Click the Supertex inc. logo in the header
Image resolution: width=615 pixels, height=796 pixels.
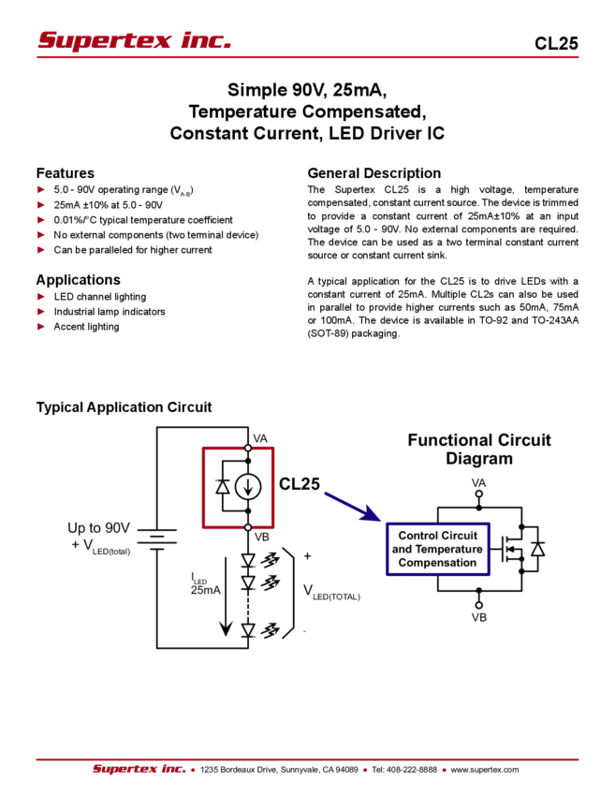[134, 41]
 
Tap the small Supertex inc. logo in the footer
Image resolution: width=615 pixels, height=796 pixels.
[138, 769]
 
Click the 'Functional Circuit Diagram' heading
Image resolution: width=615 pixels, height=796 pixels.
[479, 450]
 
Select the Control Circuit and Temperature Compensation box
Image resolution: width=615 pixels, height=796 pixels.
[437, 549]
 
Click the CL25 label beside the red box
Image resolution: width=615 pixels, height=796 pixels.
[300, 483]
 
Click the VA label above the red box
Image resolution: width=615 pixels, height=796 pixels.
[261, 438]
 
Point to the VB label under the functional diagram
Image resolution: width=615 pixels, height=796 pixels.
[478, 617]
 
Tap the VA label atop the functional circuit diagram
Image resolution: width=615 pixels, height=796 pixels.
[478, 482]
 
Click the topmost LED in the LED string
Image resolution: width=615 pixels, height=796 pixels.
[248, 560]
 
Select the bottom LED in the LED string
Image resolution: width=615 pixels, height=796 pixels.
[248, 630]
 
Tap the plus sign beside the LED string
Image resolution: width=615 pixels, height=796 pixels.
[306, 555]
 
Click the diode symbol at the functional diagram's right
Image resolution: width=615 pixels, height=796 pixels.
[536, 549]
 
